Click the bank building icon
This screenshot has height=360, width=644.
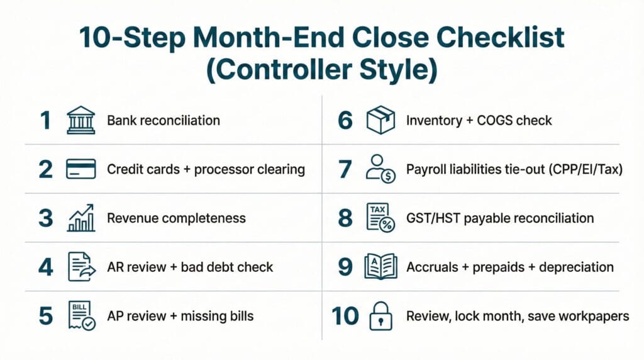(81, 120)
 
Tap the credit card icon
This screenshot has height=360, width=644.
(81, 169)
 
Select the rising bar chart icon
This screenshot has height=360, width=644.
(81, 218)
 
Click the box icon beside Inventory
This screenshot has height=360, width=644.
(380, 120)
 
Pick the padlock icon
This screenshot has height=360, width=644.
(380, 316)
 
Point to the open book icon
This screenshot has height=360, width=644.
(380, 267)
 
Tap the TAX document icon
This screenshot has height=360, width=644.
(380, 218)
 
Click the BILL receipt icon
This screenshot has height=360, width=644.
(81, 316)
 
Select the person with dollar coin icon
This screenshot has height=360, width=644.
(380, 169)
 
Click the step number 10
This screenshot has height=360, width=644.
(345, 316)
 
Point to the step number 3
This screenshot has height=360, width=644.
(46, 218)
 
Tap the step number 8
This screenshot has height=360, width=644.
(345, 218)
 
